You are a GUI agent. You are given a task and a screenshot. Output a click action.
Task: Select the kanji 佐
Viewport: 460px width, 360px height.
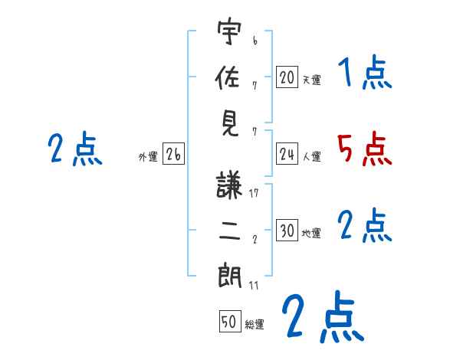[x=229, y=77]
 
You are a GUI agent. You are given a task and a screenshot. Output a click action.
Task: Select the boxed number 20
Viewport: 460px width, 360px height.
[x=287, y=77]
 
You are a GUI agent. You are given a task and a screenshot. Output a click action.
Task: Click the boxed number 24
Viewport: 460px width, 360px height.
[x=287, y=154]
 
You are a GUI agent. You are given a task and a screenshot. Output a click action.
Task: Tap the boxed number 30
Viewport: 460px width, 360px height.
[x=287, y=231]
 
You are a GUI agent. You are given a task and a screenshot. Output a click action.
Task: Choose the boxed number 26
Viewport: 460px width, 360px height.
[x=173, y=155]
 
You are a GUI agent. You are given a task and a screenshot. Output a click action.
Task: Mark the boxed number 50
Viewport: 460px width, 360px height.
[x=229, y=322]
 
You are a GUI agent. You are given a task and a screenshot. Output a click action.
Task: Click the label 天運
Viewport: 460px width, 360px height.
[x=311, y=79]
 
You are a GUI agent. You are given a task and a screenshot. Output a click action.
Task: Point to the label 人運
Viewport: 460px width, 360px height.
[x=311, y=156]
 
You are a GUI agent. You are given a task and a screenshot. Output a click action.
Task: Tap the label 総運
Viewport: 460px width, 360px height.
[x=255, y=324]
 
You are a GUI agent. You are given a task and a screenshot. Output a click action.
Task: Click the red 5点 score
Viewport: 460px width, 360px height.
[x=364, y=149]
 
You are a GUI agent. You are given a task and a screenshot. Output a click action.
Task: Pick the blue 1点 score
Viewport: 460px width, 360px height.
[x=364, y=74]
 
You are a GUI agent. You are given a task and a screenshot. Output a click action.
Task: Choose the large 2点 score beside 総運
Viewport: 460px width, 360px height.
[x=321, y=318]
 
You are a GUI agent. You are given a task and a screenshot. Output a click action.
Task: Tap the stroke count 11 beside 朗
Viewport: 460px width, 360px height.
[x=254, y=286]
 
